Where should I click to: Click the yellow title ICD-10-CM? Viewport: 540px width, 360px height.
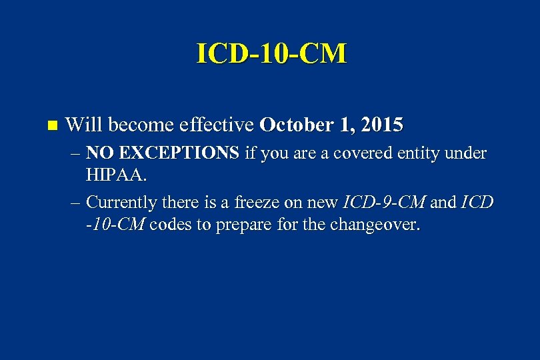[x=271, y=53]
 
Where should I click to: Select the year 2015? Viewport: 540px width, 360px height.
[x=379, y=125]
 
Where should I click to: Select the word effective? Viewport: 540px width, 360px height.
[x=211, y=125]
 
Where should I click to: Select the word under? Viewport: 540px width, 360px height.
[x=467, y=153]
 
